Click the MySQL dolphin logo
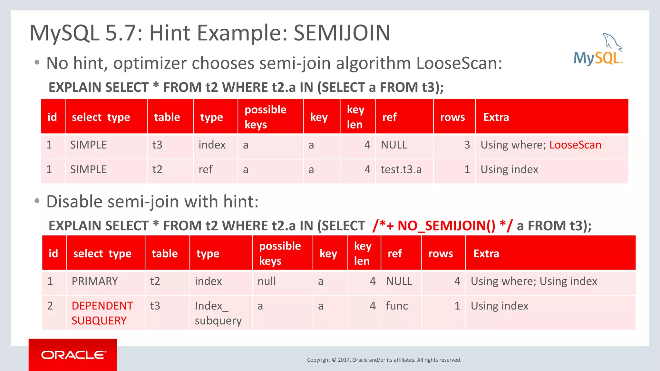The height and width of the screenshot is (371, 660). pos(598,50)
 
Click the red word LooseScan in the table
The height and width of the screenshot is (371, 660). pos(575,145)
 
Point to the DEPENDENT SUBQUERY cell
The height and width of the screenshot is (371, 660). pos(102,313)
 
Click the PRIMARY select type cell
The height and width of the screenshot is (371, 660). pos(95,281)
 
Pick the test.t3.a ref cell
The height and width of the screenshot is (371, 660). pos(401,169)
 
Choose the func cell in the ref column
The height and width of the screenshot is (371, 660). pos(397,306)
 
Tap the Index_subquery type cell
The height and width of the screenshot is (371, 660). pos(218,313)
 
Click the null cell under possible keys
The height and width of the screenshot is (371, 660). pos(267,281)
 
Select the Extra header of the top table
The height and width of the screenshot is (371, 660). pos(496,117)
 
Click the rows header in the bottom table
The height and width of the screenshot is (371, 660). pos(440,253)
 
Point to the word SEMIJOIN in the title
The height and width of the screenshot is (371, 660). pos(342,33)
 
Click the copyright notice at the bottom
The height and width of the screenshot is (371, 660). pos(384,360)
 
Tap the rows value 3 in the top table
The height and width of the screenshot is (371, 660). pos(467,145)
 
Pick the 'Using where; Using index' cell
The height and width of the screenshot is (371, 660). pos(534,281)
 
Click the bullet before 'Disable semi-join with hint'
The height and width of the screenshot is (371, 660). pos(37,201)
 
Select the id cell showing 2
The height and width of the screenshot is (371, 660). pos(50,306)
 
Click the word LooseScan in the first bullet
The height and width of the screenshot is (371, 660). pos(459,63)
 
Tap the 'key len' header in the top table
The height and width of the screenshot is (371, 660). pos(355,117)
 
